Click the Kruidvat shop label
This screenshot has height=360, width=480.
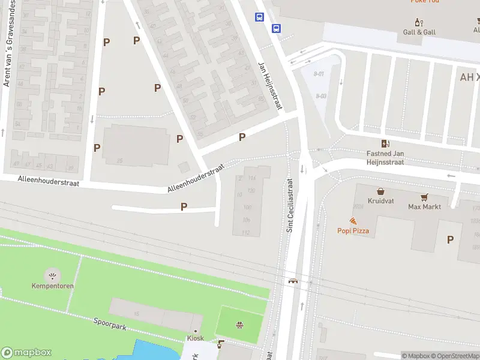381,201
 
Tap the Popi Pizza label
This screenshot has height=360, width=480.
353,231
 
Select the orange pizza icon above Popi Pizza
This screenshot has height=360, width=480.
353,221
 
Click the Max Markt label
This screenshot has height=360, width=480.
424,207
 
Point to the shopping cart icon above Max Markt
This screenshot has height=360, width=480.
425,197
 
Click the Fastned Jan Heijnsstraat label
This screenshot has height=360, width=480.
385,158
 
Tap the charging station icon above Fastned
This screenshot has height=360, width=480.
385,143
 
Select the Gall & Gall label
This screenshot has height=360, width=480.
419,32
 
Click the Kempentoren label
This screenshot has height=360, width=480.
53,286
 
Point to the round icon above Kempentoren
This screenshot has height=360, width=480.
53,276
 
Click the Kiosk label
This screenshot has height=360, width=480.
195,338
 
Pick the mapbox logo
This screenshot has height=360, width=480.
26,353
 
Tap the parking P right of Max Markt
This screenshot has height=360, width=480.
450,239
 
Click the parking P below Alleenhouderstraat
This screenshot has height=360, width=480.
184,206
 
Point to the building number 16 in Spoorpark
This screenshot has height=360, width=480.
137,314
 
